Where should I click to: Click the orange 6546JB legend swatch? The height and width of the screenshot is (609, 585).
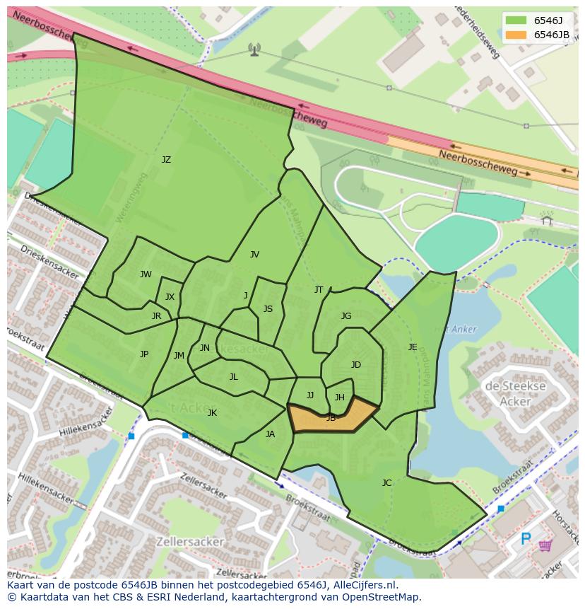tap(515, 35)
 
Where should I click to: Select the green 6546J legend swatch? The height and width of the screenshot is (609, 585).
tap(515, 21)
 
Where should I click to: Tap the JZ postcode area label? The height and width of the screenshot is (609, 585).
tap(166, 160)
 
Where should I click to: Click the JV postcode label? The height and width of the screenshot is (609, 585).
tap(254, 255)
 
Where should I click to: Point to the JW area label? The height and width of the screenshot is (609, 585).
tap(146, 274)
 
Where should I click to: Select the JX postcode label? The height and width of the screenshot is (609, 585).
tap(170, 297)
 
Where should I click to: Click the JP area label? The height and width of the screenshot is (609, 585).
tap(144, 354)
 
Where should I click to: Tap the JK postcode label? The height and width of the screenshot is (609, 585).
tap(212, 413)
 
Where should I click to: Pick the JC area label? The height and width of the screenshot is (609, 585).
tap(386, 483)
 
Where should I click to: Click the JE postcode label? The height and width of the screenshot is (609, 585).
tap(413, 347)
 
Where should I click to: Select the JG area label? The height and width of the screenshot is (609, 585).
tap(346, 316)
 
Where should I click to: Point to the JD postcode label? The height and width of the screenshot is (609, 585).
tap(356, 365)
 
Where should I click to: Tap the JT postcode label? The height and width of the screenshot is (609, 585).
tap(319, 290)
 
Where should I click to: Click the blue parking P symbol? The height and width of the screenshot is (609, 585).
tap(526, 539)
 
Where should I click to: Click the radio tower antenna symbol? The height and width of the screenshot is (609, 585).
tap(254, 49)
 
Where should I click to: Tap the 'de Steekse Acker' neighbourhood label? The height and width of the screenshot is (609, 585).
tap(515, 394)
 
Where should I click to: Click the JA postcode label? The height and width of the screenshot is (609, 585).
tap(270, 434)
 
